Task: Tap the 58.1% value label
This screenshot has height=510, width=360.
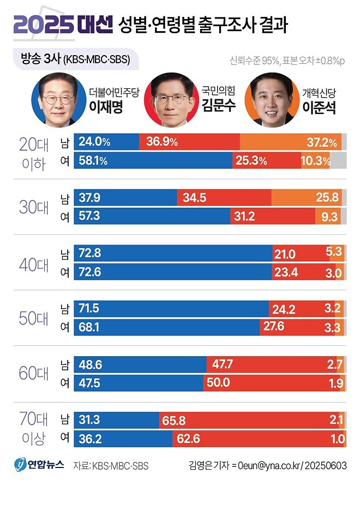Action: [x=93, y=161]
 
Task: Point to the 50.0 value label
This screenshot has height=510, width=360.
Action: [x=218, y=383]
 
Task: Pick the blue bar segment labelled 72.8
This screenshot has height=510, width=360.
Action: [x=173, y=253]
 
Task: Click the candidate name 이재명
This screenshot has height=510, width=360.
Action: [x=106, y=107]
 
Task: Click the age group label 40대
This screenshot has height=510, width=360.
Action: [x=34, y=263]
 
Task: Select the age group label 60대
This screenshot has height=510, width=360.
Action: [x=34, y=374]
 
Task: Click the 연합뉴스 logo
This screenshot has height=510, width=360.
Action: [x=39, y=465]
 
